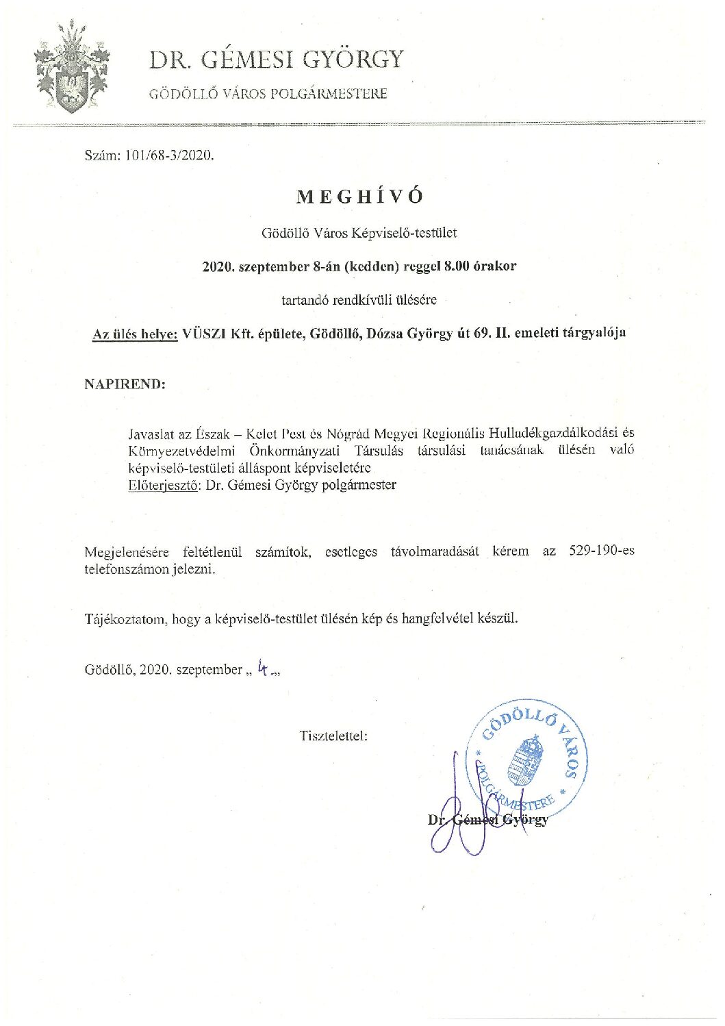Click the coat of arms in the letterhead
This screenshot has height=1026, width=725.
[x=71, y=68]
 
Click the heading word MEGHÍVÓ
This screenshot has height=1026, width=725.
[x=361, y=197]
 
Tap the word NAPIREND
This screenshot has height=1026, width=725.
[x=125, y=384]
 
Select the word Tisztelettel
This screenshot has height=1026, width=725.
[x=333, y=736]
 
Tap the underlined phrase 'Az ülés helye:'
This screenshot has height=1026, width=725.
[x=135, y=334]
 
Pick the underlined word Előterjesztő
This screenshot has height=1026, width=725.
[x=162, y=485]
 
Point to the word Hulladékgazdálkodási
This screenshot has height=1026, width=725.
[x=549, y=433]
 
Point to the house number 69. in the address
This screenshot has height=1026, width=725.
[x=484, y=334]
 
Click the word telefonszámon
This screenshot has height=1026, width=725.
[x=127, y=569]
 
